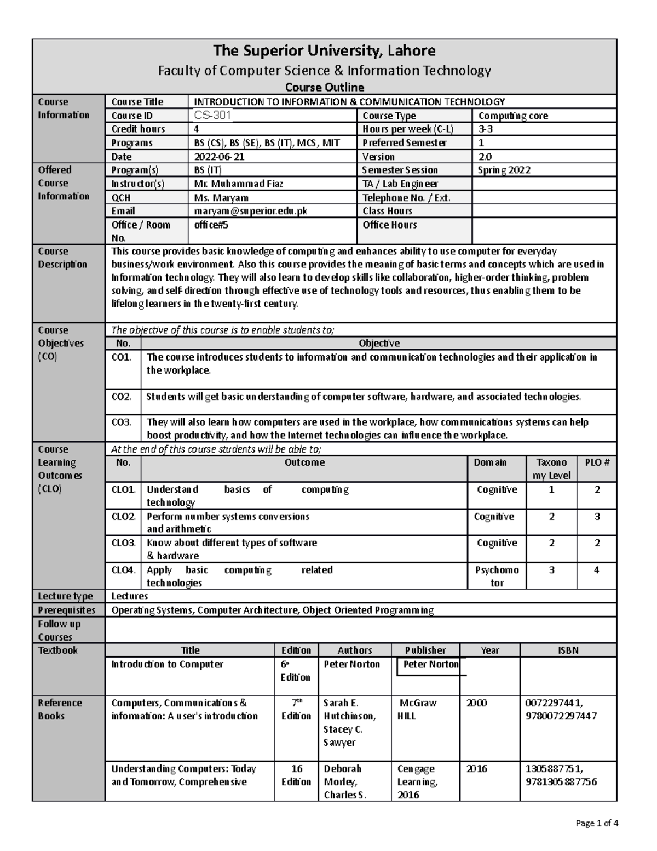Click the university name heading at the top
coord(324,51)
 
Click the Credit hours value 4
coord(197,129)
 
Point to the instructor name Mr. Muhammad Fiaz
coord(239,184)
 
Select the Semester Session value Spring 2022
coord(504,170)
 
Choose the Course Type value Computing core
coord(513,116)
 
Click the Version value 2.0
coord(485,157)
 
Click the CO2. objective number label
coord(122,397)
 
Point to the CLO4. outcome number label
coord(123,570)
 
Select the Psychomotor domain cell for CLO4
coord(497,576)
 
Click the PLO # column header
coord(597,462)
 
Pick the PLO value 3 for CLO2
coord(597,516)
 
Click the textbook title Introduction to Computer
coord(168,664)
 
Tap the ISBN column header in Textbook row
coord(568,650)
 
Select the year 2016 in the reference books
coord(476,769)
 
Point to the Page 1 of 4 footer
coord(596,823)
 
